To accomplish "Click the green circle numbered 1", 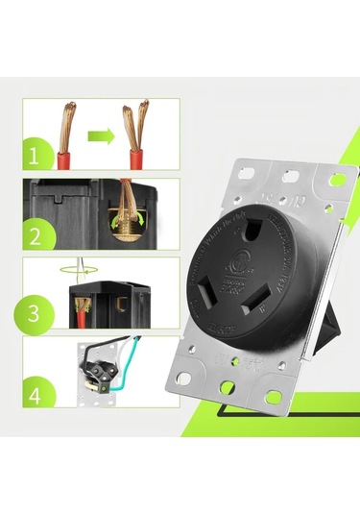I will pyautogui.click(x=35, y=154).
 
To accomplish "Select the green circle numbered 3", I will pyautogui.click(x=35, y=314).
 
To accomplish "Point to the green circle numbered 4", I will pyautogui.click(x=36, y=395).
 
